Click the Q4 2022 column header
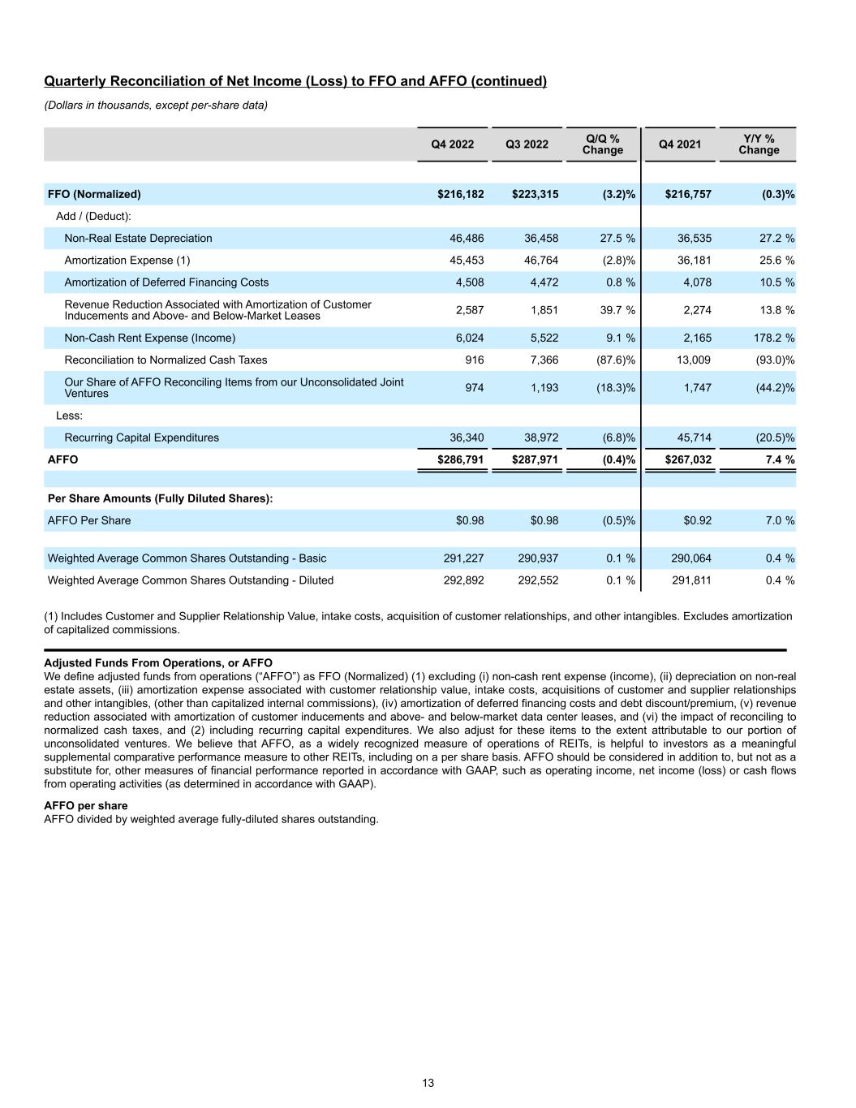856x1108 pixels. tap(452, 144)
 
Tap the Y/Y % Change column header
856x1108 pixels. tap(759, 144)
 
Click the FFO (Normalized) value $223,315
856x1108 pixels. tap(535, 194)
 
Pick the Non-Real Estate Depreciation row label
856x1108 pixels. tap(138, 238)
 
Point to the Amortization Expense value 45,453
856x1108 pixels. tap(467, 260)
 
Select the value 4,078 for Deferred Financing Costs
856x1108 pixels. tap(695, 282)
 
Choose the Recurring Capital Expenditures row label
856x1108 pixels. tap(141, 438)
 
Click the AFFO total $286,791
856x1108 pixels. tap(461, 459)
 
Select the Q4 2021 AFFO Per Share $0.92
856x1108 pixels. tap(697, 520)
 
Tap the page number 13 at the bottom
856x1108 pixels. tap(428, 1083)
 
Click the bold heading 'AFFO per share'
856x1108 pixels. tap(85, 806)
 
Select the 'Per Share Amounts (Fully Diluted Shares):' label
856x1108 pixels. tap(160, 498)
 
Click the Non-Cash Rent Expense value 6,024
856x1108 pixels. tap(469, 338)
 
